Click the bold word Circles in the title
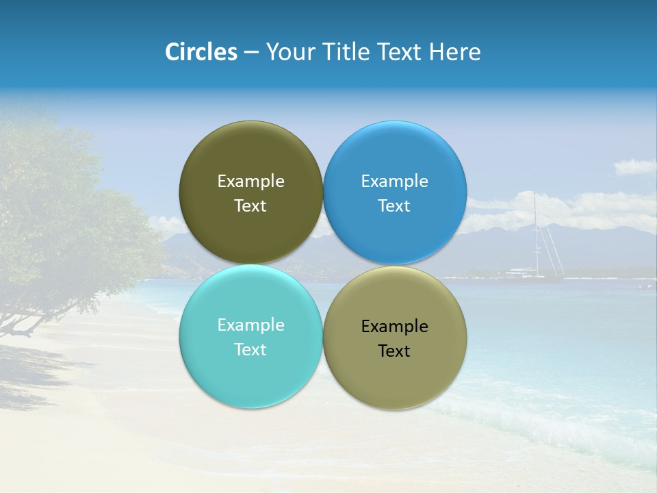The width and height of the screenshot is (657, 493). [201, 52]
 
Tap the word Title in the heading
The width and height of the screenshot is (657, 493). [348, 52]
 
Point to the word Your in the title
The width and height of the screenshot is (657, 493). [290, 52]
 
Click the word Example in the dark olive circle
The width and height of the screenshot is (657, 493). [250, 181]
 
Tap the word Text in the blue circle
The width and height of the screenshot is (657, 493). [394, 206]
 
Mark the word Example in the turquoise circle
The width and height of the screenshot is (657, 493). [250, 325]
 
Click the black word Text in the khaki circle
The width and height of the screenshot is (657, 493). [394, 351]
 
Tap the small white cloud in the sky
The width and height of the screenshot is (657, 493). [634, 166]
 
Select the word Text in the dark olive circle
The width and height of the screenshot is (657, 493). [250, 206]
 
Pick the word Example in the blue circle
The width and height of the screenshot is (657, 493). [394, 181]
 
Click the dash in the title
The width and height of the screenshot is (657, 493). [251, 53]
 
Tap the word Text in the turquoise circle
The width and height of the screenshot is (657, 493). [250, 350]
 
